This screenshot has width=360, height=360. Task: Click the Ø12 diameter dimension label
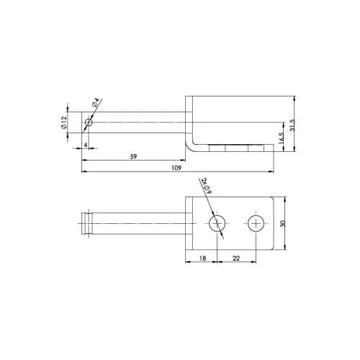(x=64, y=123)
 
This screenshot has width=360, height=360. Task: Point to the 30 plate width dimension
(x=283, y=224)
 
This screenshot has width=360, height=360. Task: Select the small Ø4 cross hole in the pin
(x=88, y=123)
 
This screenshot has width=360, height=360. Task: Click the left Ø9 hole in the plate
(x=217, y=224)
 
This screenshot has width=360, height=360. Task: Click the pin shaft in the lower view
(x=137, y=224)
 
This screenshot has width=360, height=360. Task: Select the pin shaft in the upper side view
(x=137, y=123)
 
